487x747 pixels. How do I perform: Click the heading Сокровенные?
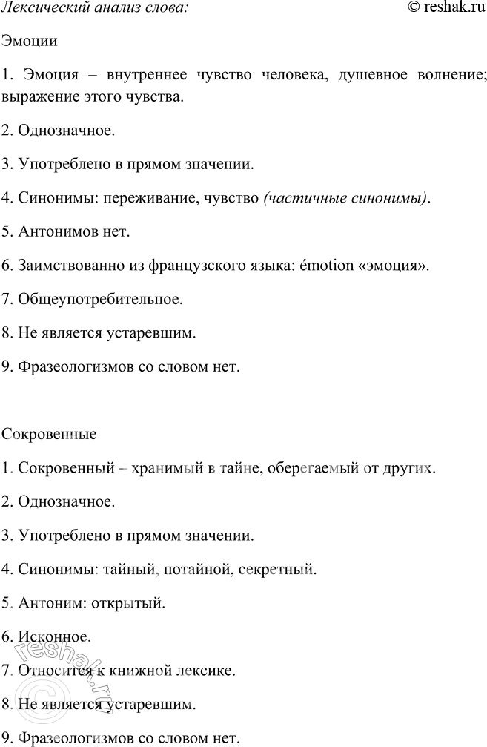point(50,432)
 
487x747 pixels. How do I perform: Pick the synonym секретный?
point(282,570)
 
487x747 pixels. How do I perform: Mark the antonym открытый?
point(125,603)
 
